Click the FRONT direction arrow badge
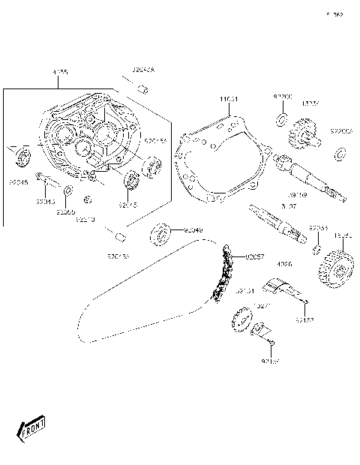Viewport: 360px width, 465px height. [31, 430]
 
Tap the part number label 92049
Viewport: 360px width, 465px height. [193, 229]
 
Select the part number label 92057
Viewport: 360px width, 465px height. [256, 256]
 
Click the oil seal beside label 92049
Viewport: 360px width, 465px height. [162, 233]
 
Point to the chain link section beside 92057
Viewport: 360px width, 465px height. [221, 277]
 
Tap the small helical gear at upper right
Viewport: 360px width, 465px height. [301, 135]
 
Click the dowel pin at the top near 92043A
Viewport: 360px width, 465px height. [140, 90]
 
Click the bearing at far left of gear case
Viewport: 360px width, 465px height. [22, 157]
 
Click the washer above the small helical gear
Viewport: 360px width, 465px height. [281, 119]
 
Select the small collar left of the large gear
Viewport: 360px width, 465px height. [317, 249]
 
